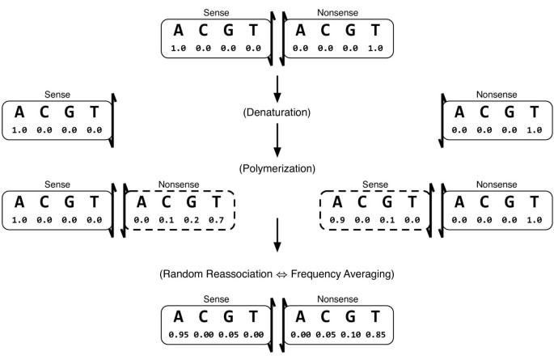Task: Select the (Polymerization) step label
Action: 277,169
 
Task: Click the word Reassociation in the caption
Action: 243,274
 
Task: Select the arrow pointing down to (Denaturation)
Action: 277,87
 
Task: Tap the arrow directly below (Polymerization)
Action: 277,233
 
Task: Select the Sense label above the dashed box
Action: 374,184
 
